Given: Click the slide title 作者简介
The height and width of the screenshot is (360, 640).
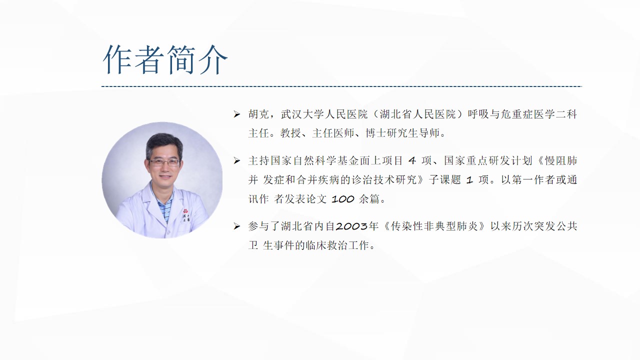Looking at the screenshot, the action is tap(165, 59).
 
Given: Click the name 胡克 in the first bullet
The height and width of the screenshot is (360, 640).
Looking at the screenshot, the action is tap(259, 114).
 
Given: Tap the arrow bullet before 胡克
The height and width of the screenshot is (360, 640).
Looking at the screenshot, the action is tap(236, 114).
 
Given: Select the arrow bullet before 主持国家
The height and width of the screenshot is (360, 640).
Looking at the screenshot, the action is tap(236, 161).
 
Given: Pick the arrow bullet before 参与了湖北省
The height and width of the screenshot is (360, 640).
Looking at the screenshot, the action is tap(236, 226).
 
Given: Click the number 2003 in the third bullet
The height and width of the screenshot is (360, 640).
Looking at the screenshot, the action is tap(351, 226).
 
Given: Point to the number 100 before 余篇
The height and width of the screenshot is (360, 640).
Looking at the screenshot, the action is tap(343, 199).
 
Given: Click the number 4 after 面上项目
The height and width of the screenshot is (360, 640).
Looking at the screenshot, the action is tap(412, 161).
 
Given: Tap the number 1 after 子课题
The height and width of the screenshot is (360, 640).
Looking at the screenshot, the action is tap(469, 180).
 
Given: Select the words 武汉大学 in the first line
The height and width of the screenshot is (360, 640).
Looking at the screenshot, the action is tap(302, 114).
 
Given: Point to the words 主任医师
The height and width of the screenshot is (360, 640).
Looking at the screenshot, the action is tap(333, 133).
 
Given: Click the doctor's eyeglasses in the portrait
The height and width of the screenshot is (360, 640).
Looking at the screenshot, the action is tap(164, 162).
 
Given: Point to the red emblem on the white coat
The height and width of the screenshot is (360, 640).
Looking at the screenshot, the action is tap(185, 211).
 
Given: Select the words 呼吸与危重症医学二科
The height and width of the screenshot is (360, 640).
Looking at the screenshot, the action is tap(522, 114).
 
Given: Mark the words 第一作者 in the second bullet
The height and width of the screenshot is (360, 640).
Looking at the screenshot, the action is tap(533, 180).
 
